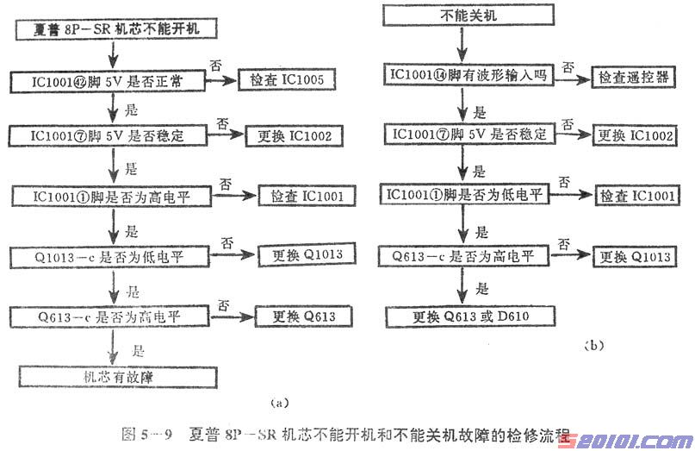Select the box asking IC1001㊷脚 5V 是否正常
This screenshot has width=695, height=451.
tap(109, 83)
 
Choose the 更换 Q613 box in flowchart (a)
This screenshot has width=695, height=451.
tap(291, 316)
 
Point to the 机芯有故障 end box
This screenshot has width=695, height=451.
tap(109, 375)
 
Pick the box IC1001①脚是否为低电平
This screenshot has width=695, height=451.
tap(468, 195)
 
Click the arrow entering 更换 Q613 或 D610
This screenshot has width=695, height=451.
tap(464, 289)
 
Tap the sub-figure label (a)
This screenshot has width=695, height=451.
tap(276, 402)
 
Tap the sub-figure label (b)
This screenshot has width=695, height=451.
tap(594, 346)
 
